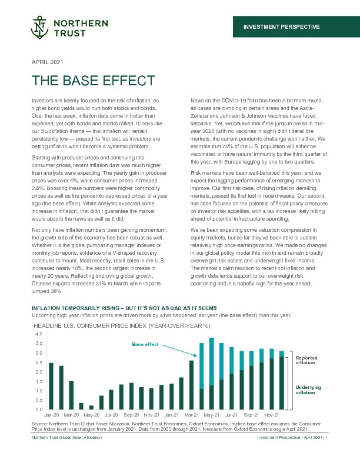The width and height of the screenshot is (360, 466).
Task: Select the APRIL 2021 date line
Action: (47, 62)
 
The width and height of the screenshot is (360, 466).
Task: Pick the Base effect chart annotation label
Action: (145, 344)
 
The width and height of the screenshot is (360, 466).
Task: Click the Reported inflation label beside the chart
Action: (305, 360)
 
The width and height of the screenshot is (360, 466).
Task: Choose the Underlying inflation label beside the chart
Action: (306, 390)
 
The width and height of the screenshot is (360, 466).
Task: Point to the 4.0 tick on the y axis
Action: (39, 334)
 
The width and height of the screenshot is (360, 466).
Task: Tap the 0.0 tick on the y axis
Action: (39, 409)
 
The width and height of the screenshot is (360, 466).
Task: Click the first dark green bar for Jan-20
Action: (51, 386)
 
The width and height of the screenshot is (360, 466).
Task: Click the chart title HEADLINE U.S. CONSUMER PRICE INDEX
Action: (121, 325)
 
